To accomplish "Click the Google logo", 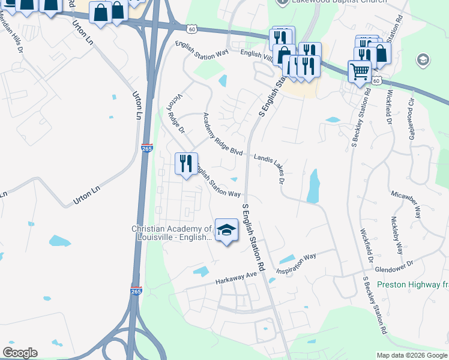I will [20, 353].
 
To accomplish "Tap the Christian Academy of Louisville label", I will [172, 233].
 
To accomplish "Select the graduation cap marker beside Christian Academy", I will [226, 230].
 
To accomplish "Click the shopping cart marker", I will [360, 72].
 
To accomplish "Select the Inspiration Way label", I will [296, 264].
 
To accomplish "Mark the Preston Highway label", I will [413, 284].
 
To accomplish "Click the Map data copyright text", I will [411, 355].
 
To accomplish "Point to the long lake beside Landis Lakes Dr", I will [313, 186].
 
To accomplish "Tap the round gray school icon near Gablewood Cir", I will [423, 60].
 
